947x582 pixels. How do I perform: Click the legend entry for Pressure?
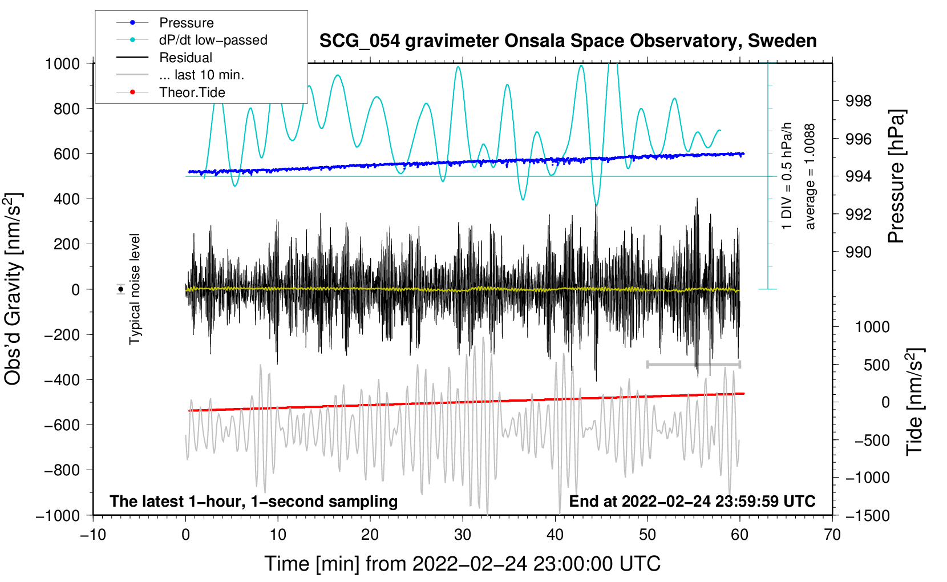[186, 23]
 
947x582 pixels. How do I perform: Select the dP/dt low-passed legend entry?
[213, 40]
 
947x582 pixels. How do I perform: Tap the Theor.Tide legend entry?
[192, 92]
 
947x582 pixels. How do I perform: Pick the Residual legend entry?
[185, 58]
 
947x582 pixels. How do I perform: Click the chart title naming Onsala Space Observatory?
[568, 41]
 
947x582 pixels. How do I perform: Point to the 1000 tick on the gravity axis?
[62, 63]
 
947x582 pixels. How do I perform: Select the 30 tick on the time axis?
[463, 535]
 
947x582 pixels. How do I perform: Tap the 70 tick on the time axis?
[832, 535]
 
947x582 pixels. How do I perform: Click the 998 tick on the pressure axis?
[859, 101]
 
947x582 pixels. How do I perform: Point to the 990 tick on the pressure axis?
[859, 252]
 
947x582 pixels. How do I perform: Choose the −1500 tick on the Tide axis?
[867, 515]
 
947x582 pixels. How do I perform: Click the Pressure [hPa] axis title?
[897, 177]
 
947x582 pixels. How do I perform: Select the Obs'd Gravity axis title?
[14, 289]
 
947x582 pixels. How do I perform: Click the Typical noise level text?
[135, 289]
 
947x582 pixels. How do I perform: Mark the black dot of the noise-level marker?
[120, 289]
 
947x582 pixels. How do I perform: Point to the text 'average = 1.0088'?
[810, 177]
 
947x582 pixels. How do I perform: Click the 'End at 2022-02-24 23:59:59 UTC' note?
[692, 502]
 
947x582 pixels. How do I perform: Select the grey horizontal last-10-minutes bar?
[693, 364]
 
